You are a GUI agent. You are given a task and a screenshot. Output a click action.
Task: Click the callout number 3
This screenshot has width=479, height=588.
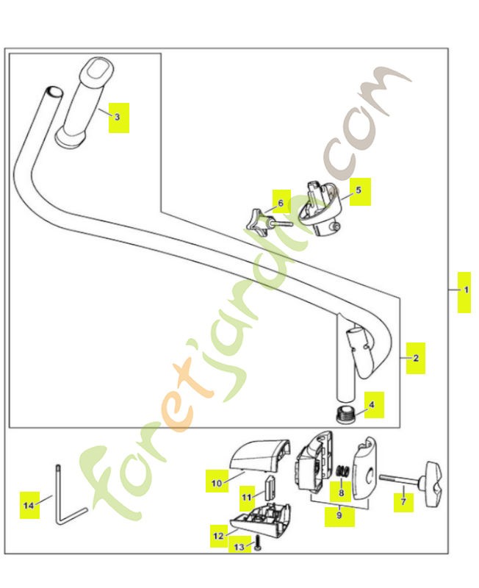[117, 117]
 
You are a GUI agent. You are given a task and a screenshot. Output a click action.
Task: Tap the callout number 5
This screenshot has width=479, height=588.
[359, 190]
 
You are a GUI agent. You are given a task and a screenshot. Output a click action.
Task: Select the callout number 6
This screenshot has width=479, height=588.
[281, 204]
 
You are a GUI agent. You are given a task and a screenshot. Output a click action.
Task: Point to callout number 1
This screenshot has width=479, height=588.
[467, 290]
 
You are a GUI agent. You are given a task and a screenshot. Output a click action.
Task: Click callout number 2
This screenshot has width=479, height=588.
[416, 358]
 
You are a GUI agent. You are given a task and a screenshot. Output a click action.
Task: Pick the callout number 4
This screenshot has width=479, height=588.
[372, 405]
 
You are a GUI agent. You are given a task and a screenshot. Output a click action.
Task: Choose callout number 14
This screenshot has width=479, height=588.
[29, 506]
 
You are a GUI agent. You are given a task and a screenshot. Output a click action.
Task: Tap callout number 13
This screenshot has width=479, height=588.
[239, 547]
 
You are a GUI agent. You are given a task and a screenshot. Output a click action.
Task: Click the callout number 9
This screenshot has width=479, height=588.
[339, 515]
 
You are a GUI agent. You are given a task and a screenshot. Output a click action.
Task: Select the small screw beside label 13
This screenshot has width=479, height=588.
[257, 542]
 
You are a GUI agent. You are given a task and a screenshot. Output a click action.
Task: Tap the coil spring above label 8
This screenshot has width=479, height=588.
[342, 470]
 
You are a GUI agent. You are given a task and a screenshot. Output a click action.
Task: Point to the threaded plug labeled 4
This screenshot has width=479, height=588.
[345, 414]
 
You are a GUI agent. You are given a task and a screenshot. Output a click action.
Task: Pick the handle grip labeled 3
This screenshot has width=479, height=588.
[84, 102]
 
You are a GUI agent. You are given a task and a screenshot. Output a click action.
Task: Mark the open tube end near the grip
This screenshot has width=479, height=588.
[53, 91]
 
